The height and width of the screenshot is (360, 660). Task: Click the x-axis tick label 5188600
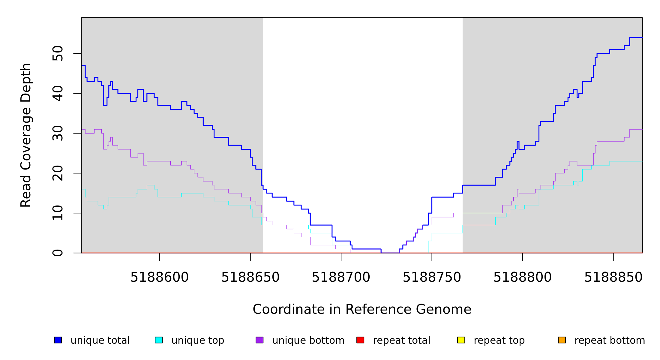[x=160, y=277]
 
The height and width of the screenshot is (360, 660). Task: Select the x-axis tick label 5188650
[x=250, y=277]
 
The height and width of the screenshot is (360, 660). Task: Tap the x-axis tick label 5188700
[x=341, y=277]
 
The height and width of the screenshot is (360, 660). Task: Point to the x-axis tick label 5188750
[x=432, y=277]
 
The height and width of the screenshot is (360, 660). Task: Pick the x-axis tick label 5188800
[x=523, y=277]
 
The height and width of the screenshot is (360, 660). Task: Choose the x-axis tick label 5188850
[x=613, y=277]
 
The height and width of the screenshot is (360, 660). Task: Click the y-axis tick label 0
[x=58, y=253]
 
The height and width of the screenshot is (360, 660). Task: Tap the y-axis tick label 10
[x=58, y=213]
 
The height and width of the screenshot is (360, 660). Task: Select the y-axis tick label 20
[x=58, y=173]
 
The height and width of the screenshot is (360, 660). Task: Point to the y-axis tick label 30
[x=58, y=133]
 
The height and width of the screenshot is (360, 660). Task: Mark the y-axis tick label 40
[x=58, y=93]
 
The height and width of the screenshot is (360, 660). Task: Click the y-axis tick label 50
[x=58, y=53]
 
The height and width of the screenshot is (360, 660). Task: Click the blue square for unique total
[x=58, y=340]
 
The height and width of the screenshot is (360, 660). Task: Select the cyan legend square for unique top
[x=159, y=340]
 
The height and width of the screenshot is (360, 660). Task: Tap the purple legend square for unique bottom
[x=259, y=340]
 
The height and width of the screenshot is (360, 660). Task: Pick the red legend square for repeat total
[x=360, y=340]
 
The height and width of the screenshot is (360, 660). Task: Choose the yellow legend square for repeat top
[x=461, y=340]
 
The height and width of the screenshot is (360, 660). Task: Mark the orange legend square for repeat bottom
[x=562, y=340]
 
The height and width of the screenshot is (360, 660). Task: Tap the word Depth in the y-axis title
[x=26, y=78]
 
